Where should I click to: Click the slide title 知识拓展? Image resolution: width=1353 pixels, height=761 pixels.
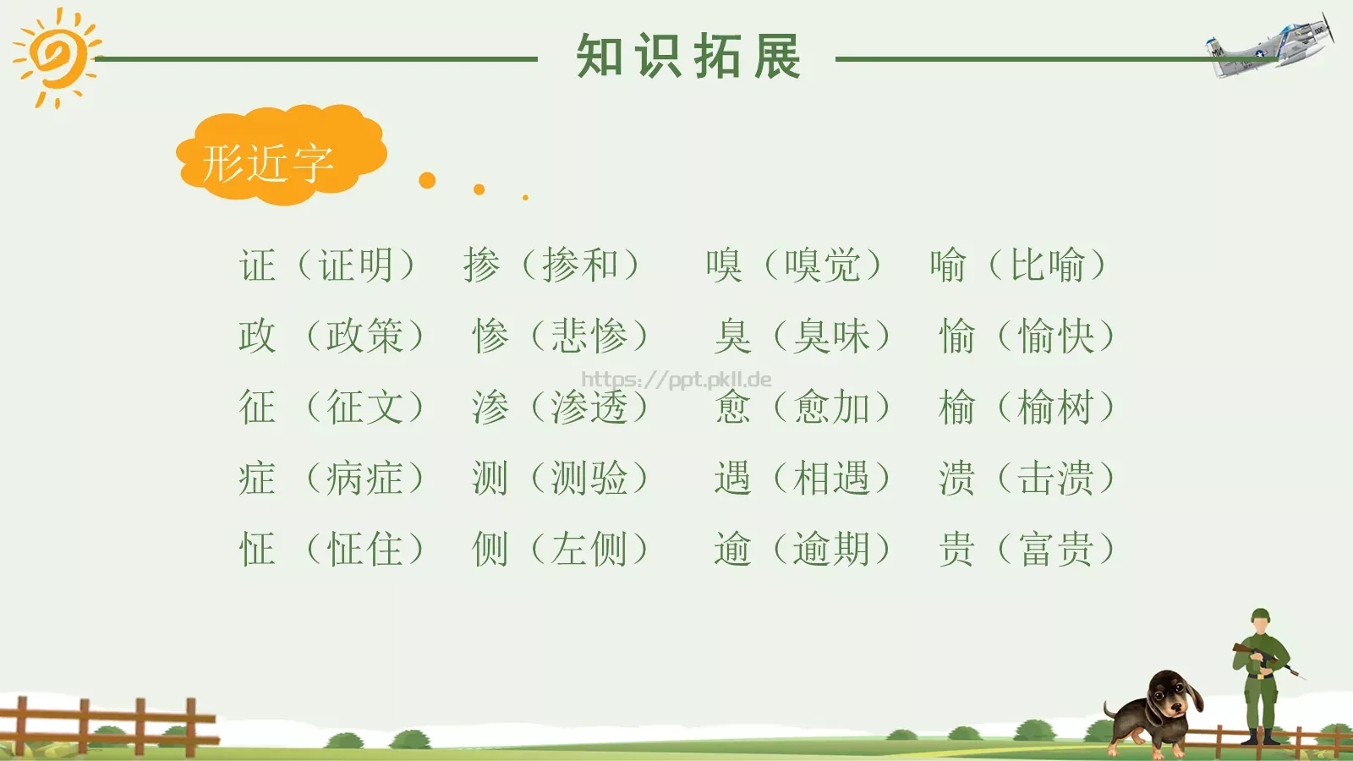tap(688, 57)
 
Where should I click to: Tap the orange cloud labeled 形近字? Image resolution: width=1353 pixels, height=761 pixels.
tap(279, 157)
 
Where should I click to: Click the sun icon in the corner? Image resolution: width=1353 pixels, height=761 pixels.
tap(56, 57)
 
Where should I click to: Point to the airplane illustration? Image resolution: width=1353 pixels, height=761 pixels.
tap(1272, 46)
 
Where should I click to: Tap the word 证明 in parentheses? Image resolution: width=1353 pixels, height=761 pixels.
tap(356, 266)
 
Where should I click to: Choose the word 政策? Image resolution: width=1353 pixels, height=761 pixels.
tap(364, 337)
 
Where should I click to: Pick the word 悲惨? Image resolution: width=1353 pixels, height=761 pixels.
tap(589, 337)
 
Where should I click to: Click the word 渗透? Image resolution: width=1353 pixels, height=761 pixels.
tap(589, 408)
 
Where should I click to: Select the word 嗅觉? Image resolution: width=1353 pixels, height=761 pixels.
tap(823, 266)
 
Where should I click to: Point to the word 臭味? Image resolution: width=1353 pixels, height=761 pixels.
tap(831, 337)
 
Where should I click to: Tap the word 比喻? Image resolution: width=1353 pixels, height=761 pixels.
tap(1048, 266)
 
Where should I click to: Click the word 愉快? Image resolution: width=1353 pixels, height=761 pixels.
tap(1056, 337)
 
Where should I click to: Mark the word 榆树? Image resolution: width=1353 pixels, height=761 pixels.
tap(1056, 408)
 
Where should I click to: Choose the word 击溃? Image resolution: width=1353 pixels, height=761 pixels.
tap(1056, 479)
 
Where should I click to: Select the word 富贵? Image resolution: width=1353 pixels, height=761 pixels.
tap(1056, 550)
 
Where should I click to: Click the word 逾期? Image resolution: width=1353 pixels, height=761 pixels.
tap(831, 550)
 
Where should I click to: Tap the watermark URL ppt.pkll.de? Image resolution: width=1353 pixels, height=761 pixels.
tap(676, 379)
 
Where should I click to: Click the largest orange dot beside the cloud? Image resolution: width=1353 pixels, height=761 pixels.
tap(427, 180)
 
